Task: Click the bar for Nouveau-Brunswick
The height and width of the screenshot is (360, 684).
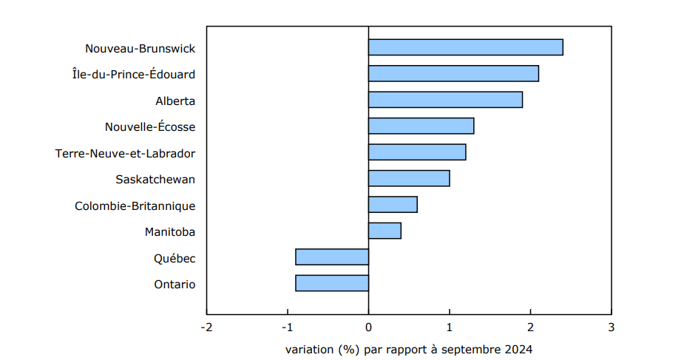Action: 465,47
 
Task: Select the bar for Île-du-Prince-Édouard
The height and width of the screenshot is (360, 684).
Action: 453,74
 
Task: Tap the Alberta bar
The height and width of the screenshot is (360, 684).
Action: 445,100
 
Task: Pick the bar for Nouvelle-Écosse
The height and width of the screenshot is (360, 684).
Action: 421,126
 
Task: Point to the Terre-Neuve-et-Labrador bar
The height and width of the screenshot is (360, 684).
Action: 417,152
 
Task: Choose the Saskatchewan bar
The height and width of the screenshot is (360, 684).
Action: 409,179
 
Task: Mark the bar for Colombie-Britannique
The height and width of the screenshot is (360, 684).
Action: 393,205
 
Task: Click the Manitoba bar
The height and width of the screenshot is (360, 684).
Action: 385,231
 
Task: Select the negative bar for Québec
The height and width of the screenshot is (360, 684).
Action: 332,257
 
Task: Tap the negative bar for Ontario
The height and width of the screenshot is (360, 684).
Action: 332,283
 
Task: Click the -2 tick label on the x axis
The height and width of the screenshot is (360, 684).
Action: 206,327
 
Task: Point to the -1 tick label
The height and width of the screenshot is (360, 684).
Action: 287,327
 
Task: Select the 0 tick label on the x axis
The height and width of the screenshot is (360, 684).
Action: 368,327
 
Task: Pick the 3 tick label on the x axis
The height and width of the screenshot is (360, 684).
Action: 611,327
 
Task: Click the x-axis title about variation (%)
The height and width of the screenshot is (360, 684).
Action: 408,349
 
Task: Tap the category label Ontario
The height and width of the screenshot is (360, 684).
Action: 175,285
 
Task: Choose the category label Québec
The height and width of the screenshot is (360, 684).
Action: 175,259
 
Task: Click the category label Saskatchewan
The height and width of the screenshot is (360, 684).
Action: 155,180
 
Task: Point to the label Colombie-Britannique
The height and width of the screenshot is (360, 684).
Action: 135,206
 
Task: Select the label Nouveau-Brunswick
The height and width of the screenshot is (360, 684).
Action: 140,49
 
